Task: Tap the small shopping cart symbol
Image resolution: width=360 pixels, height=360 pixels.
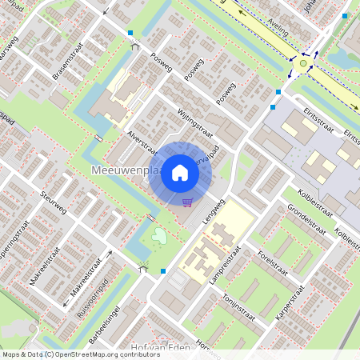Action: point(187,202)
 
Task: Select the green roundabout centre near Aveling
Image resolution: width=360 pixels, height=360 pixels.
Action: point(303,62)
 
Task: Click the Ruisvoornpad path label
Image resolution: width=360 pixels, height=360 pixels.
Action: point(90,295)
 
